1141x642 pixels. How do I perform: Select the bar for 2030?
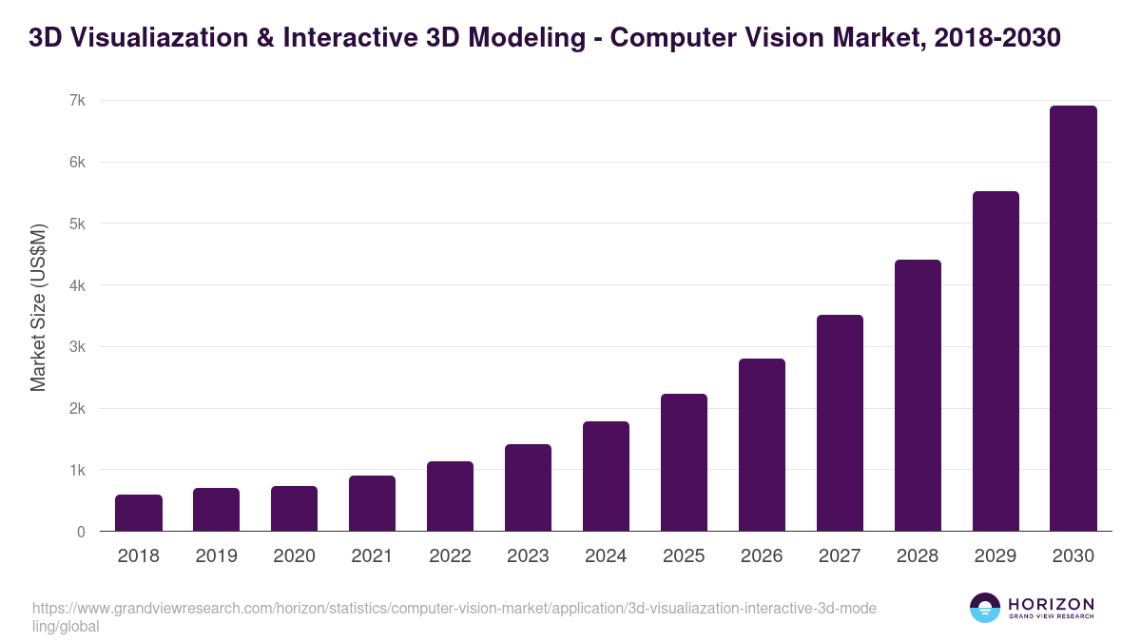tap(1073, 319)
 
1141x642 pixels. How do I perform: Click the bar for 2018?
tap(139, 513)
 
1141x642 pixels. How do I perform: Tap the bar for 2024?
tap(606, 477)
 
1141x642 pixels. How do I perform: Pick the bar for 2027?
tap(840, 423)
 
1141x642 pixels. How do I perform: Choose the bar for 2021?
tap(372, 503)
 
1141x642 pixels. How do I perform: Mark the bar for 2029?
tap(995, 361)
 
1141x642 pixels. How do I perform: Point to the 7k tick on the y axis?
tap(77, 101)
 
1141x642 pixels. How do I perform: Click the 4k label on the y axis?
tap(77, 285)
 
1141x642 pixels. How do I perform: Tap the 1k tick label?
tap(77, 470)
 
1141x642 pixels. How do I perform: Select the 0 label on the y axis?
tap(81, 532)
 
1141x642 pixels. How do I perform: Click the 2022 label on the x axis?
tap(450, 556)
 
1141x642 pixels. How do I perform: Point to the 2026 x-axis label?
tap(762, 556)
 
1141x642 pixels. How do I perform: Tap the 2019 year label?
tap(217, 556)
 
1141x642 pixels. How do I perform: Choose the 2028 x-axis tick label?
tap(918, 556)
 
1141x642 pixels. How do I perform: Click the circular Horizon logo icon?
tap(985, 608)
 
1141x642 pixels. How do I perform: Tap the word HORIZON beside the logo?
tap(1051, 604)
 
